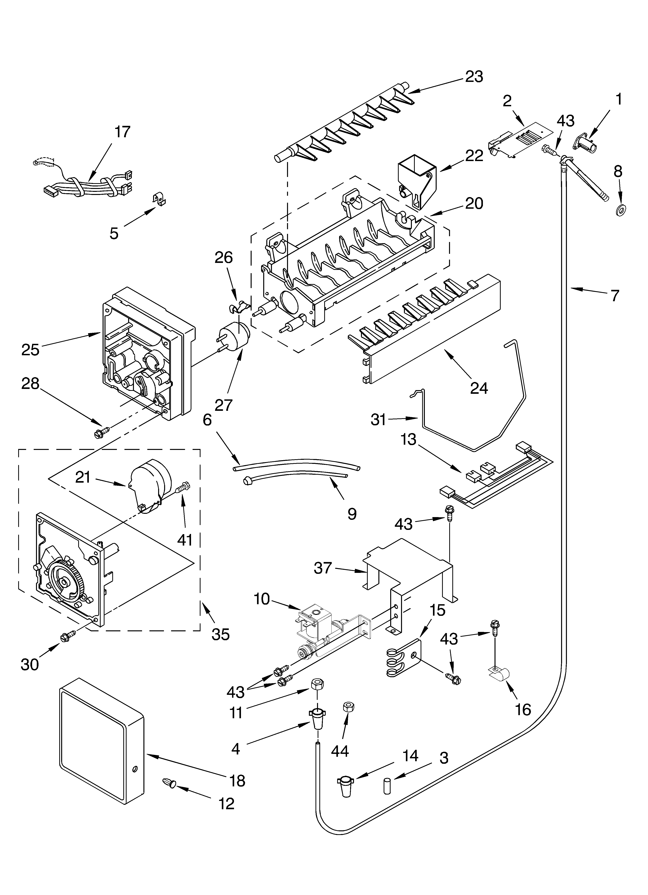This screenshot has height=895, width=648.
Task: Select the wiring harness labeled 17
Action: (89, 184)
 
